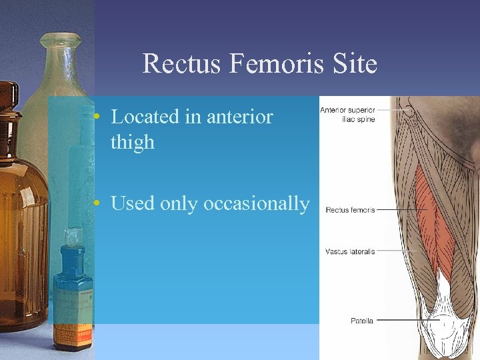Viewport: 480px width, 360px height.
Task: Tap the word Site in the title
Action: point(359,64)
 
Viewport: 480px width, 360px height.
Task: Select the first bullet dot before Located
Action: point(97,117)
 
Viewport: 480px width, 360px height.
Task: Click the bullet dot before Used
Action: point(97,203)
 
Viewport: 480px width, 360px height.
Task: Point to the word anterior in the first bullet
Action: point(240,117)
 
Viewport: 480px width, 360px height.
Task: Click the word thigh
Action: point(132,142)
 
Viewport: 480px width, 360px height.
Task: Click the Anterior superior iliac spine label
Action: point(348,115)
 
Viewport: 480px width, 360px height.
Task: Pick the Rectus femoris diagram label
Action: point(351,210)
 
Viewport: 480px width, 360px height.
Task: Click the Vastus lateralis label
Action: point(351,251)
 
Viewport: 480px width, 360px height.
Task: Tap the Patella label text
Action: point(362,321)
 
